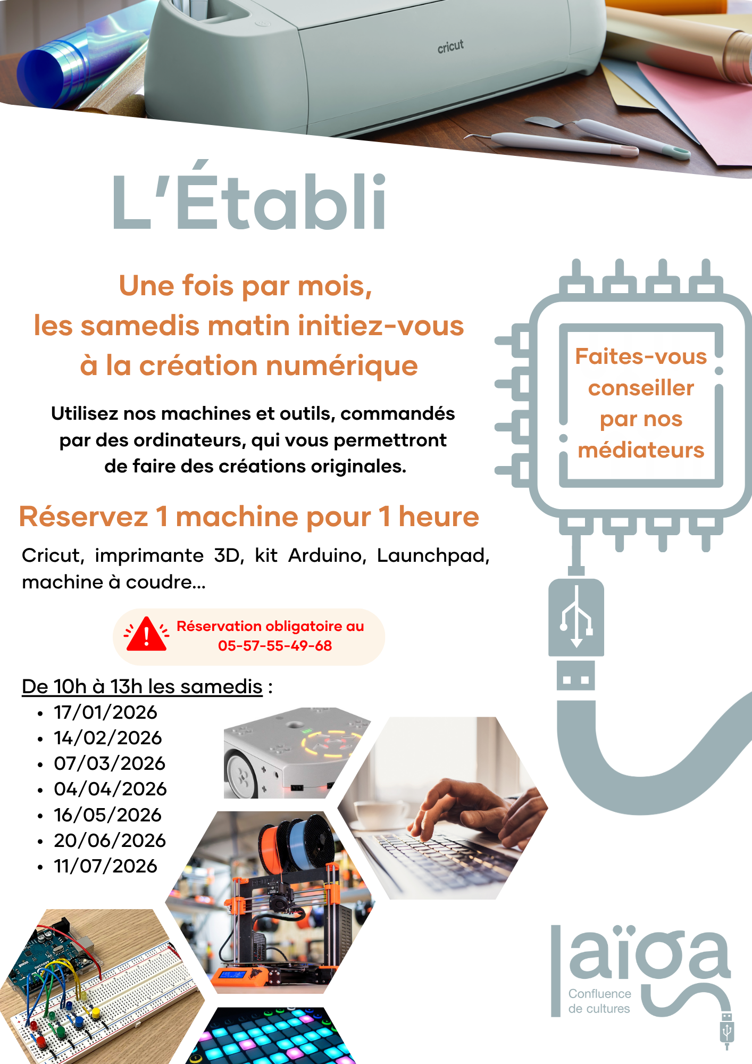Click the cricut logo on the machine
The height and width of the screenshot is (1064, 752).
click(450, 47)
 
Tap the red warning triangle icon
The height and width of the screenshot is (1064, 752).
click(147, 634)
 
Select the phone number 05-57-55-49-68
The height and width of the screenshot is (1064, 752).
click(275, 646)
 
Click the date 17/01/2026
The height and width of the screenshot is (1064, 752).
click(106, 712)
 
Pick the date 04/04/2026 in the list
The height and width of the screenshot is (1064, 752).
click(111, 789)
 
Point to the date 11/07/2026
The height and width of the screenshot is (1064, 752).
click(106, 866)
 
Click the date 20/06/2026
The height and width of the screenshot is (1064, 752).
click(110, 841)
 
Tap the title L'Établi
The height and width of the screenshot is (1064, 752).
click(249, 197)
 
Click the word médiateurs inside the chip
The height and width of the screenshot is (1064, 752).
click(641, 450)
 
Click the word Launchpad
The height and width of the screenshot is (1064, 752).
click(433, 555)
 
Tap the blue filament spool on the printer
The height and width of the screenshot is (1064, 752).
click(312, 841)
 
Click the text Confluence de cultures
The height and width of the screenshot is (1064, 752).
click(599, 1001)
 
